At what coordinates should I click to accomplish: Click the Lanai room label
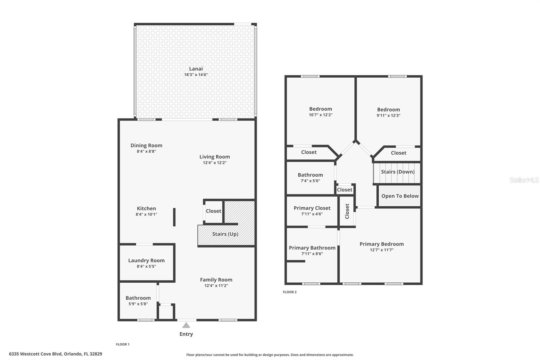196,69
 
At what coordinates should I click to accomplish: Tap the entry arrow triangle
186,325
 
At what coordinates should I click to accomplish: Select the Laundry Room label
146,260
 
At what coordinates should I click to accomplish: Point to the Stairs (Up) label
225,234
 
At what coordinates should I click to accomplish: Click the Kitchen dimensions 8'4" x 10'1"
146,214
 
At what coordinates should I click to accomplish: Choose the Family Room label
216,280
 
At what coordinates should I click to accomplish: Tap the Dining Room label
146,146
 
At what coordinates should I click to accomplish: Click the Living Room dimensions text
215,163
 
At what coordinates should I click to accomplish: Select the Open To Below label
400,196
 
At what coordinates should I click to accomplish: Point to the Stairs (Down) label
398,172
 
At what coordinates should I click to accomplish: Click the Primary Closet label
312,208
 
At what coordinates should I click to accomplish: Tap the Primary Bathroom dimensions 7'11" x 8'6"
312,254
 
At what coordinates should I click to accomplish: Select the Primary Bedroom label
382,244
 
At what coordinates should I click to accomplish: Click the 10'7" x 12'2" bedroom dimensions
321,115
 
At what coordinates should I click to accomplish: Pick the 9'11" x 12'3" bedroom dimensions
388,115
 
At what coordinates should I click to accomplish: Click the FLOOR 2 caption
290,292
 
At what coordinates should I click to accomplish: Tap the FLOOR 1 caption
123,344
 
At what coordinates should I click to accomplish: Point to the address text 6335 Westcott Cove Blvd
35,354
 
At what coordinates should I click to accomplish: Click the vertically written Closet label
347,211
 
